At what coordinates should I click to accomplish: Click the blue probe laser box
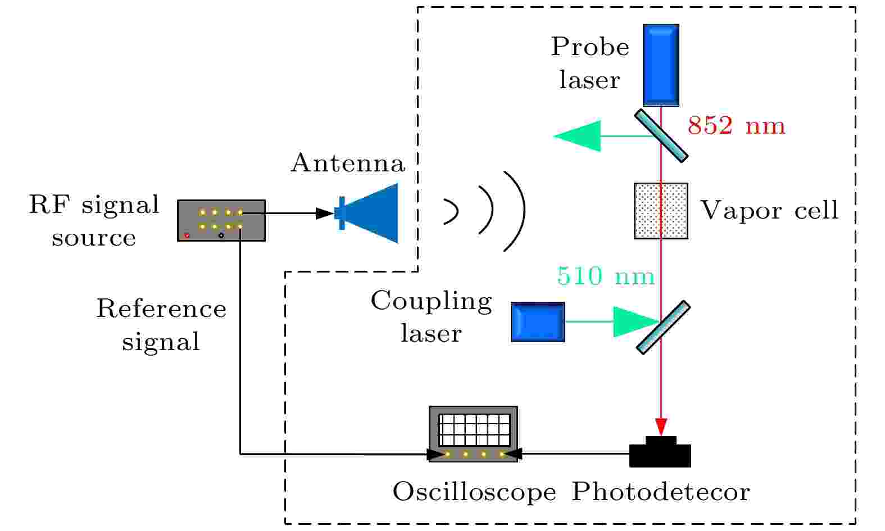tap(661, 65)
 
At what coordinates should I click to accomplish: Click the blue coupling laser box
tap(538, 322)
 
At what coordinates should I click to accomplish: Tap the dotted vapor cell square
tap(661, 211)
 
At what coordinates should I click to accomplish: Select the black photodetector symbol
tap(660, 453)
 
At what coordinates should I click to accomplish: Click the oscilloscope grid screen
tap(474, 430)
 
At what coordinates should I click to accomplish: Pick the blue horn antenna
tap(371, 213)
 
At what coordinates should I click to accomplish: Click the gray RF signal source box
tap(221, 220)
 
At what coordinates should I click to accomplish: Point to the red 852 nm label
tap(736, 126)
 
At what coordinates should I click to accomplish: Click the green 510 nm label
tap(606, 276)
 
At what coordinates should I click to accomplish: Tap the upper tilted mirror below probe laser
tap(661, 136)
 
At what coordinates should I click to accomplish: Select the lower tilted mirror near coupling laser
tap(663, 328)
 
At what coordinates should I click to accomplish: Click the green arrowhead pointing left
tap(579, 136)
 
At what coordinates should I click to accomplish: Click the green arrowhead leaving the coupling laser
tap(634, 322)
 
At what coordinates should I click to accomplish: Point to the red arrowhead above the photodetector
tap(661, 426)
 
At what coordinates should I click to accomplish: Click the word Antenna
tap(347, 164)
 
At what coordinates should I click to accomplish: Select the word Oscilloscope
tap(474, 492)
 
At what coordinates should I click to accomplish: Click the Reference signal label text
tap(161, 325)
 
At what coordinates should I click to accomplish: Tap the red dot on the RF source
tap(187, 235)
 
